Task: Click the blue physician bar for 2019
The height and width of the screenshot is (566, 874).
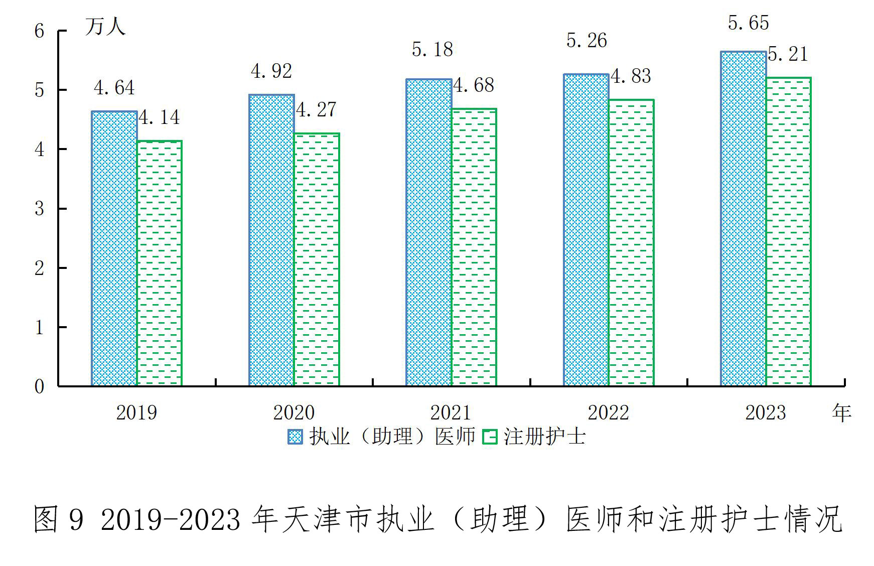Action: pos(114,248)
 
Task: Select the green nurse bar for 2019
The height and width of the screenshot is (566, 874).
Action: pos(160,263)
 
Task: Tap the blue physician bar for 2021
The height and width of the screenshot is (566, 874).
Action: pos(428,232)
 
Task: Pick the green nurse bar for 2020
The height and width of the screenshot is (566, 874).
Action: pos(317,259)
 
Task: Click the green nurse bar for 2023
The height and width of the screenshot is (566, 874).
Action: pos(788,231)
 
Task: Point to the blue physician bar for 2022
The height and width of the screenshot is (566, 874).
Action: pos(586,230)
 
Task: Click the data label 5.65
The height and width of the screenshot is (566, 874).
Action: pos(748,23)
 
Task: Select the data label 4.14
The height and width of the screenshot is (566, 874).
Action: pos(159,117)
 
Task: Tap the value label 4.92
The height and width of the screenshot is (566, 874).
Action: pos(271,71)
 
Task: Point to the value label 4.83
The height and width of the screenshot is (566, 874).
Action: pos(631,76)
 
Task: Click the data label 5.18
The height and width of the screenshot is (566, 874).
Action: pos(432,50)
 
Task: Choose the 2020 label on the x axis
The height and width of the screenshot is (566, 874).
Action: pos(294,412)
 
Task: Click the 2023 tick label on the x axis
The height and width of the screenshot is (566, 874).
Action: pos(765,412)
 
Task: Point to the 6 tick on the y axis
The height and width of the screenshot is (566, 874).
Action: pos(39,31)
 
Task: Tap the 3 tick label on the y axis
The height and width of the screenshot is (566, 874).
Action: pos(39,209)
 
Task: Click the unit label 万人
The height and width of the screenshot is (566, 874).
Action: pos(105,26)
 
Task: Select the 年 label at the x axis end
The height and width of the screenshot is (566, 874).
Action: pos(841,412)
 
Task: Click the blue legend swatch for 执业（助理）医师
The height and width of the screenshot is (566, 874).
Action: pos(295,437)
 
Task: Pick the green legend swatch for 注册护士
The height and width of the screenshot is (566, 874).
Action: pos(489,437)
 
